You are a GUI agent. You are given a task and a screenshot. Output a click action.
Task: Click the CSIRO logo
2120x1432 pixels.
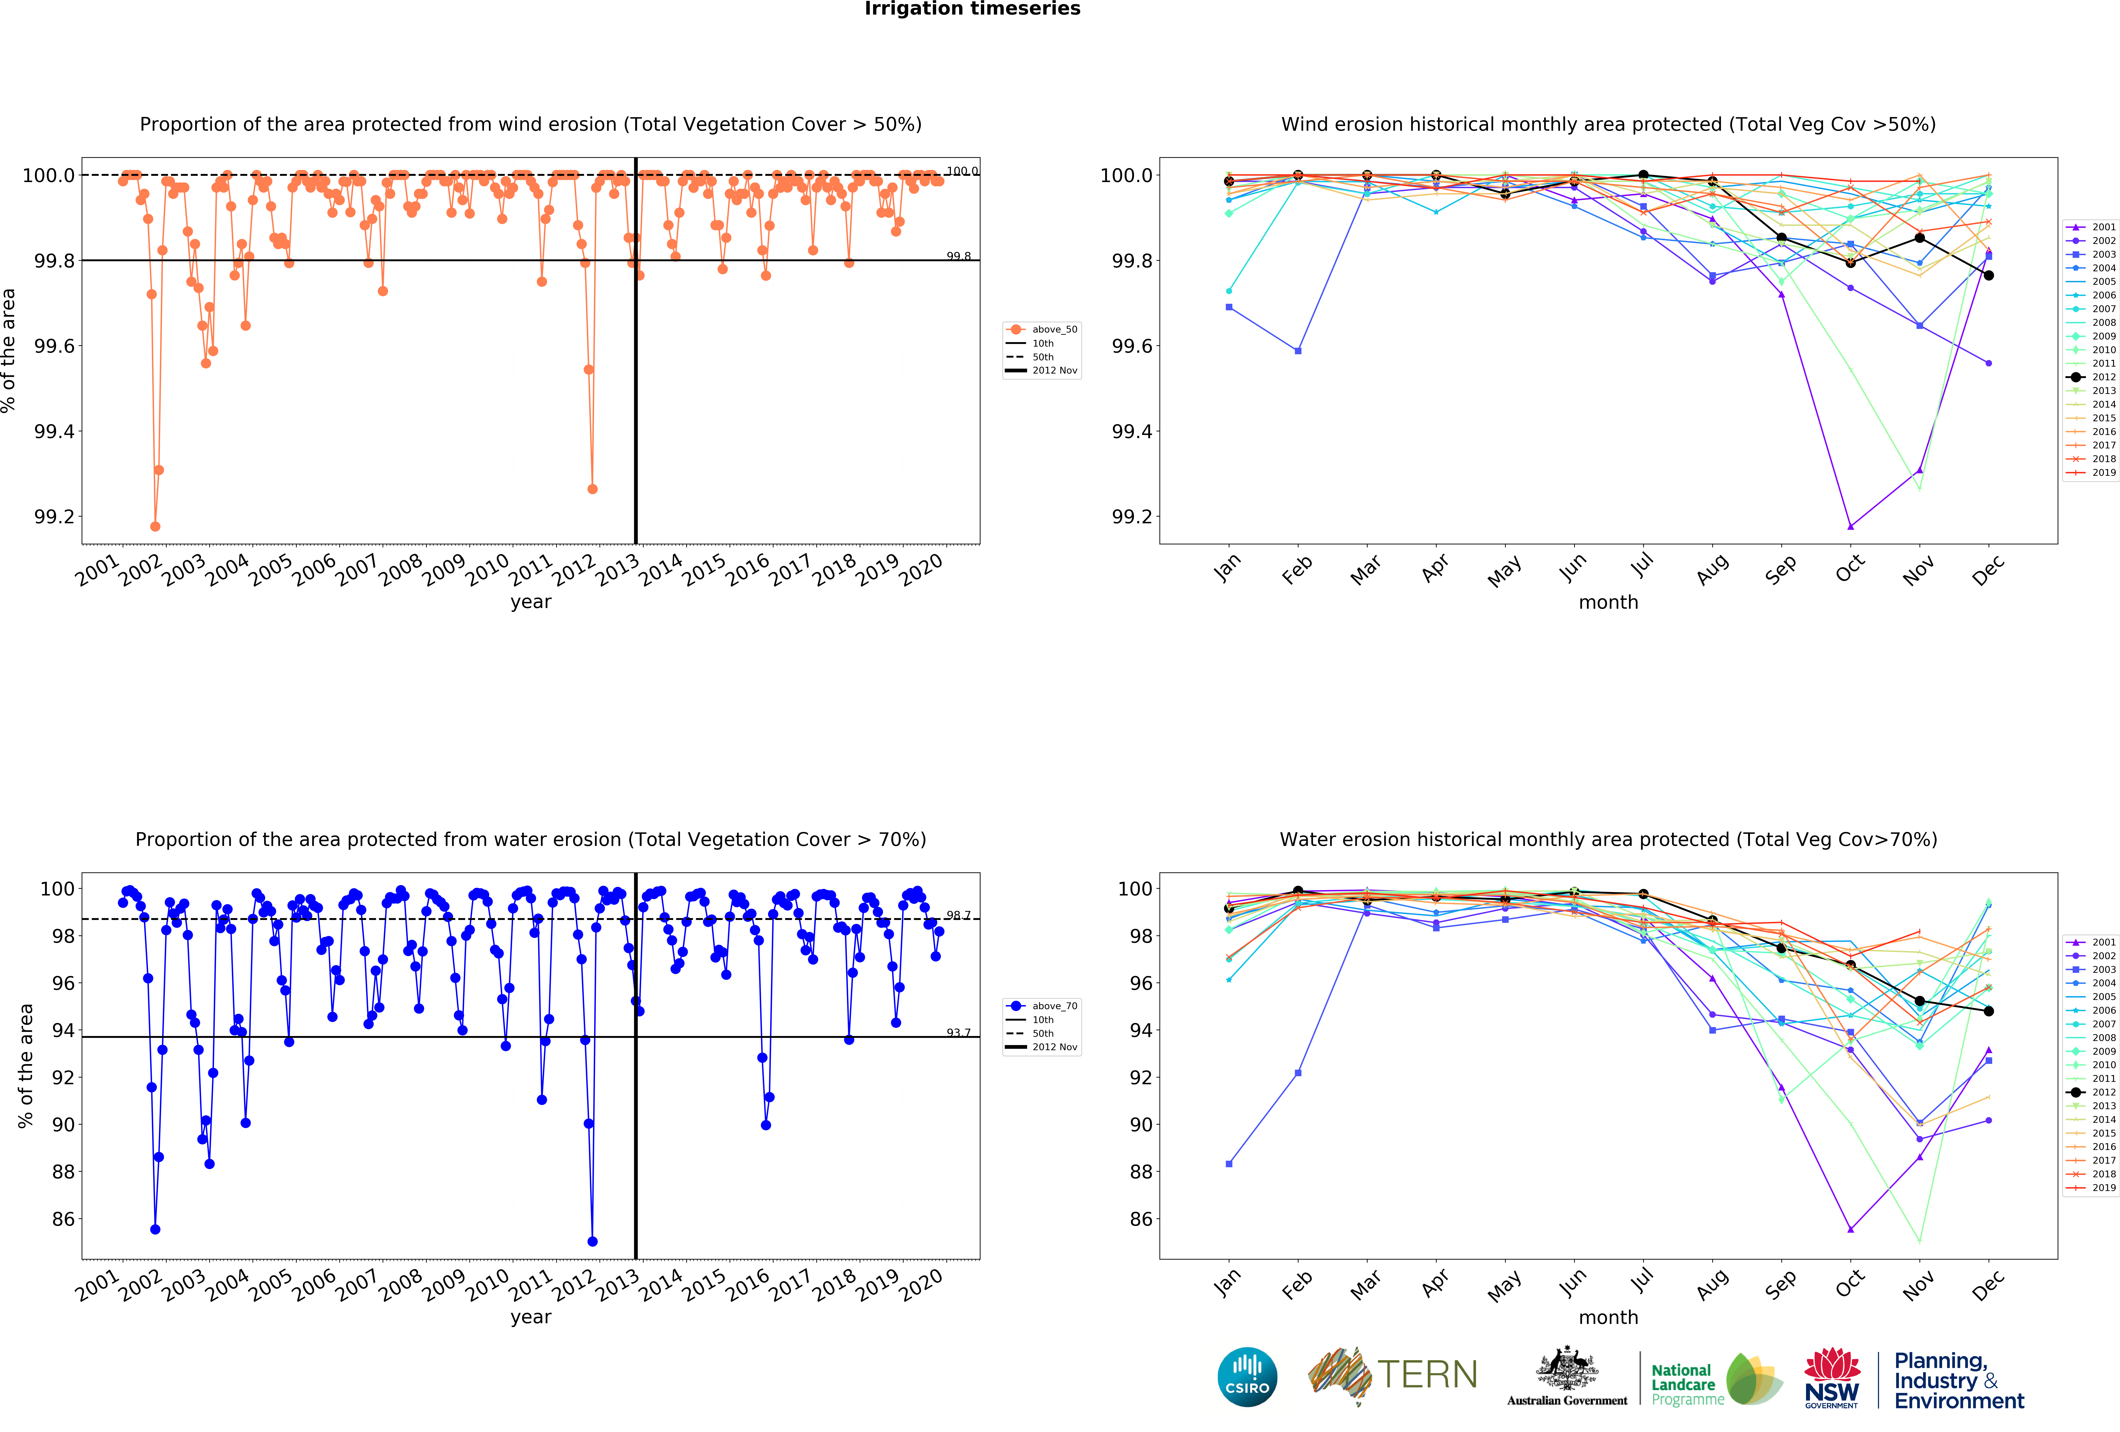[1247, 1376]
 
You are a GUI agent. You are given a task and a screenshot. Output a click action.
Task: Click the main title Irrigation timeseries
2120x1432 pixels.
[972, 9]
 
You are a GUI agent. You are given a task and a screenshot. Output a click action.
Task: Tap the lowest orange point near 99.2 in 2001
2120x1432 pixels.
[155, 526]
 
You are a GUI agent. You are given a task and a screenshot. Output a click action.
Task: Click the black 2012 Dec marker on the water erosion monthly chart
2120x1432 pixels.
[1989, 1012]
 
